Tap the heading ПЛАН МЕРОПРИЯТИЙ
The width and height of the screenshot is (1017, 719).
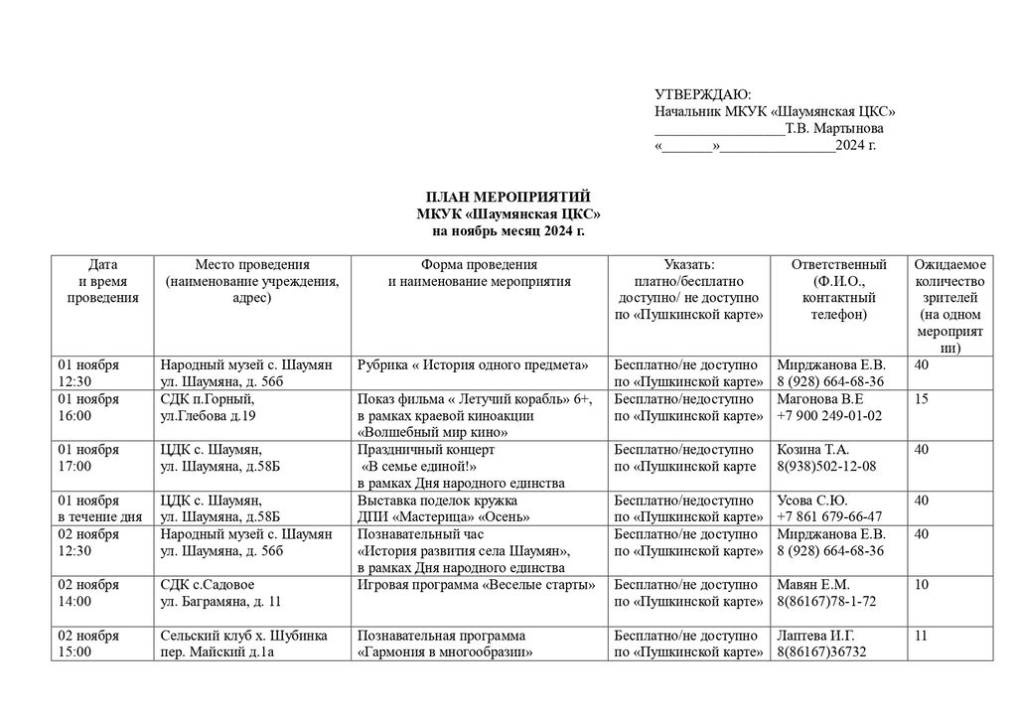point(508,198)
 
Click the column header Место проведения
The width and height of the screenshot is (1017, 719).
point(252,265)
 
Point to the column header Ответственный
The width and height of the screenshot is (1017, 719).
point(839,265)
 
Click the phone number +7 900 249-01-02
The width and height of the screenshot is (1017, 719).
point(829,416)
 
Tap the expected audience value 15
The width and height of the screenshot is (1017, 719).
point(922,399)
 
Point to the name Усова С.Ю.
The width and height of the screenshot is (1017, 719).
point(812,501)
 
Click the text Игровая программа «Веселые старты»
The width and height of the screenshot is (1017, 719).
point(476,585)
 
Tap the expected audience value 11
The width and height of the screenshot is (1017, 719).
point(921,636)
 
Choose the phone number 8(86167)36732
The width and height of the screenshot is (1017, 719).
point(822,652)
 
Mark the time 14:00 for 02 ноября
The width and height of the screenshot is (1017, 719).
point(75,602)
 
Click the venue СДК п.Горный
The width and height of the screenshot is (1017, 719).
point(202,399)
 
